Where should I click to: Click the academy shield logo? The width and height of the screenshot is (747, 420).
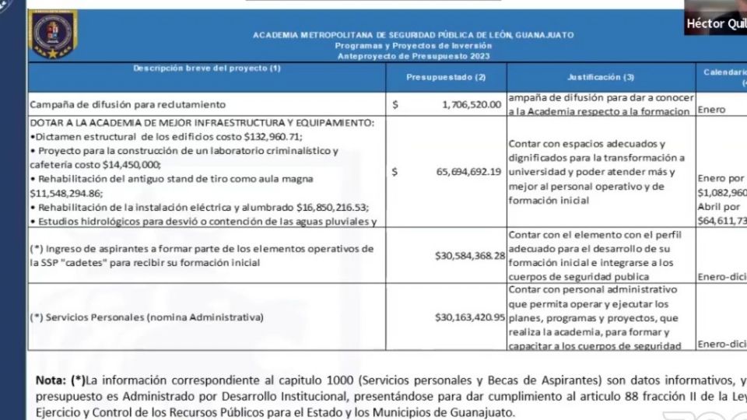[x=52, y=35]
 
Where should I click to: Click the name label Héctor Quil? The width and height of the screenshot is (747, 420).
[x=715, y=24]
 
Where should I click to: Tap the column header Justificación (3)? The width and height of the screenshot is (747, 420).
[x=600, y=77]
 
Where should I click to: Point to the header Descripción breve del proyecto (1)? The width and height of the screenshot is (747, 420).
[x=207, y=69]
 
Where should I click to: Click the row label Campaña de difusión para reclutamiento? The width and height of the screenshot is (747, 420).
[x=128, y=104]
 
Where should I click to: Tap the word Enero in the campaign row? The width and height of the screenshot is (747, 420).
[x=712, y=110]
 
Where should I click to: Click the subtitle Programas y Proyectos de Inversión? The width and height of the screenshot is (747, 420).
[x=413, y=46]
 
